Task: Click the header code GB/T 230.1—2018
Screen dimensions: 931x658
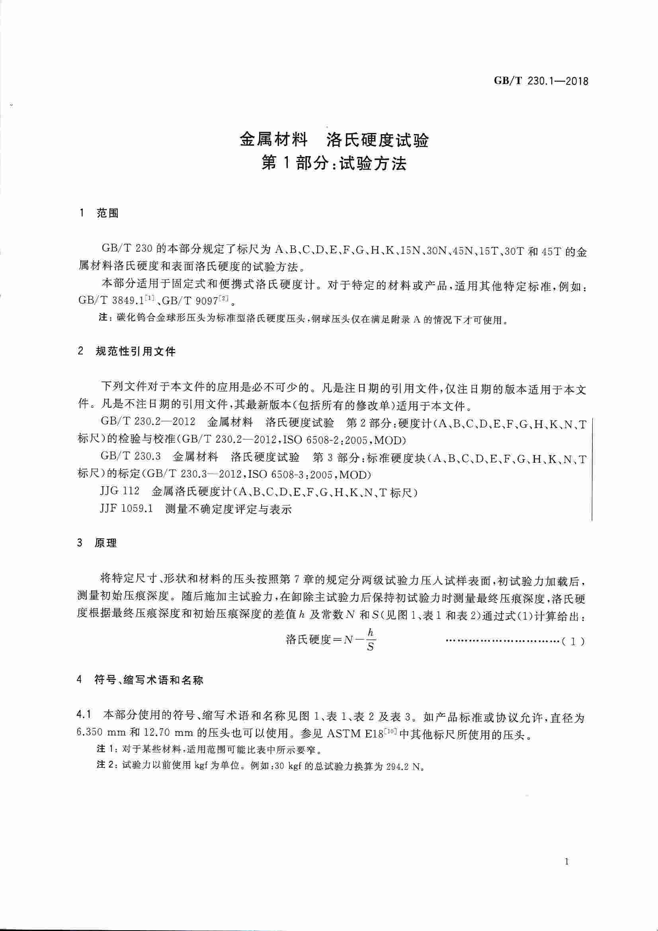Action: click(541, 82)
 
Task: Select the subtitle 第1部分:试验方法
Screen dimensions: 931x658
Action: click(334, 164)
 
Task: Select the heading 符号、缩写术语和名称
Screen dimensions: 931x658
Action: click(148, 681)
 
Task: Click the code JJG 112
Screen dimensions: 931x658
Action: click(119, 492)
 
